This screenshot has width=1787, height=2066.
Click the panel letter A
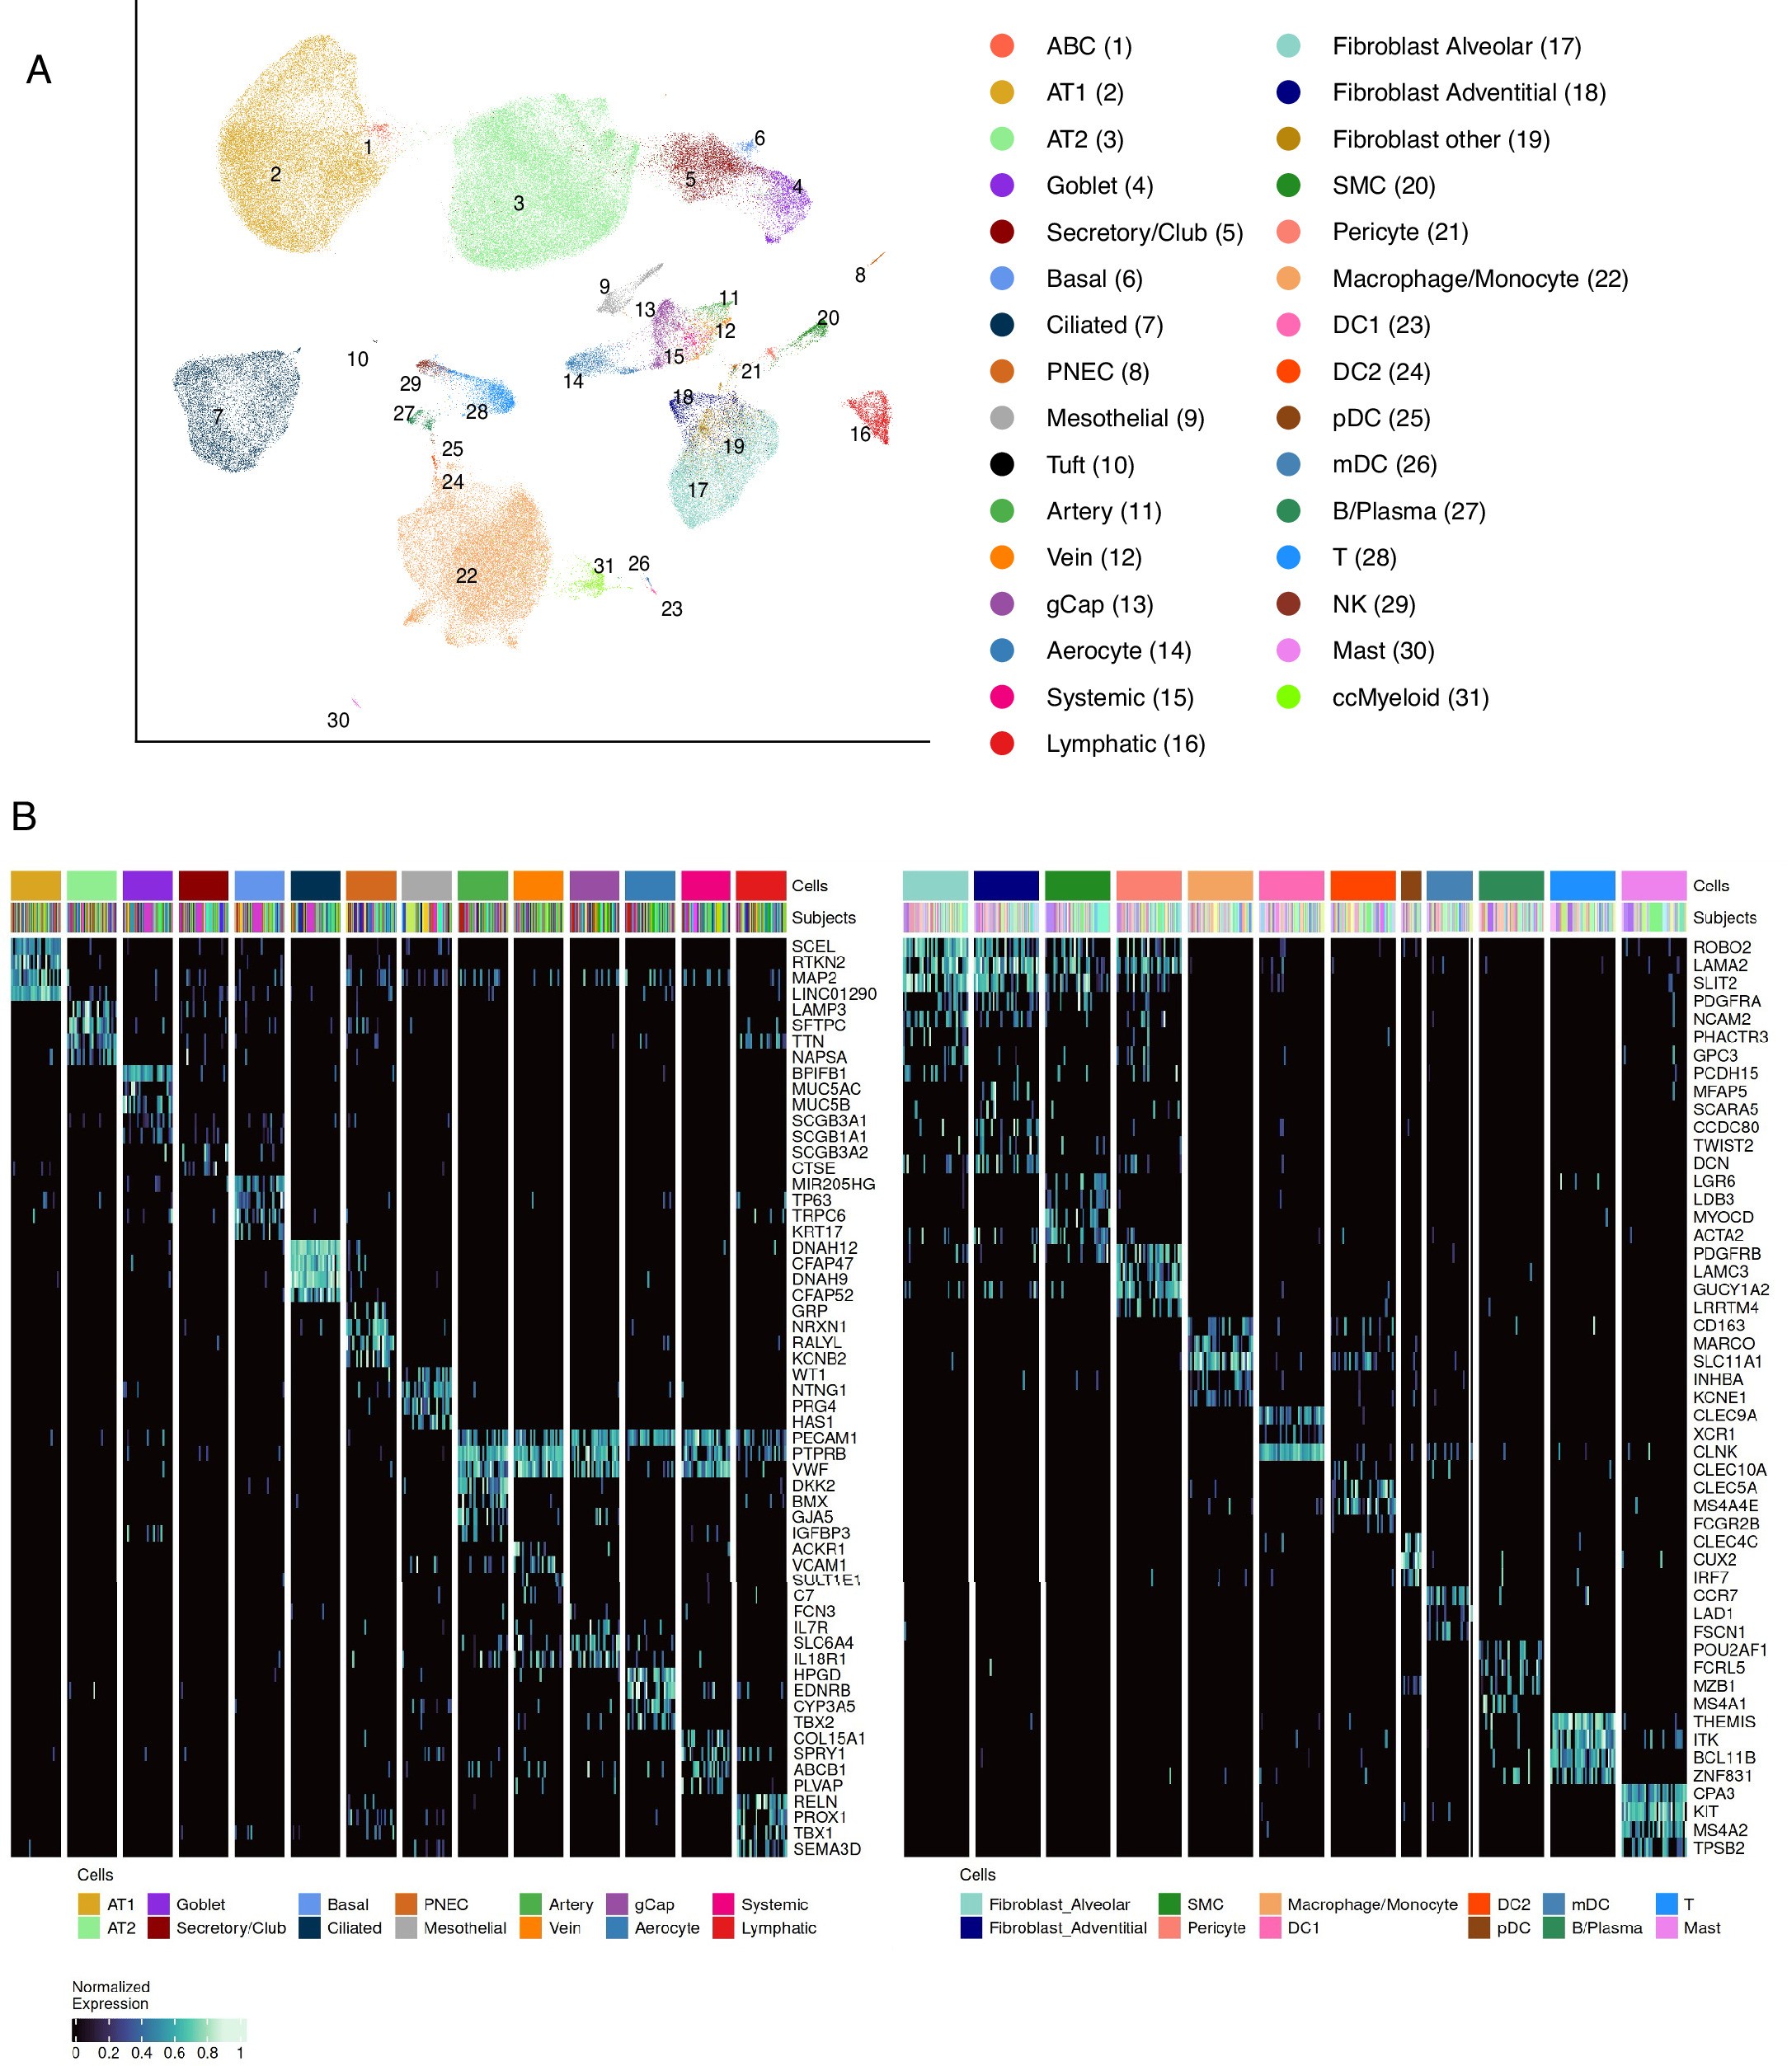click(38, 70)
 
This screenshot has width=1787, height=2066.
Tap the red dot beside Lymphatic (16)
click(1002, 744)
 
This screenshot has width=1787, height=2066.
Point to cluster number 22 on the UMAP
click(466, 575)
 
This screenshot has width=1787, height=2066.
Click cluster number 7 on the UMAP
click(218, 417)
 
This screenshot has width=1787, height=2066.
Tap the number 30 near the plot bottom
click(338, 720)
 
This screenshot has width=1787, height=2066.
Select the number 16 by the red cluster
click(859, 434)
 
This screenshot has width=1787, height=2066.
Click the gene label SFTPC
click(818, 1025)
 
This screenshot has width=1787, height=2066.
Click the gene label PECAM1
click(824, 1438)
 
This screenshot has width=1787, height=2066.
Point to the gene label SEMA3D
click(826, 1848)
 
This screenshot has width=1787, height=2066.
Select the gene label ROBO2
click(1721, 947)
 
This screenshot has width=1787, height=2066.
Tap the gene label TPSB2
click(1719, 1848)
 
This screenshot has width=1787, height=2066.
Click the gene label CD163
click(1719, 1325)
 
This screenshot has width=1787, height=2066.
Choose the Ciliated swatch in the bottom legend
click(309, 1927)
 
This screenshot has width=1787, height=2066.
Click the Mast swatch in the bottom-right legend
click(1667, 1927)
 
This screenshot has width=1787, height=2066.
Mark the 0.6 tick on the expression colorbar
click(175, 2052)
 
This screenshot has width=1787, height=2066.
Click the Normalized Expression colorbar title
click(110, 1994)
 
